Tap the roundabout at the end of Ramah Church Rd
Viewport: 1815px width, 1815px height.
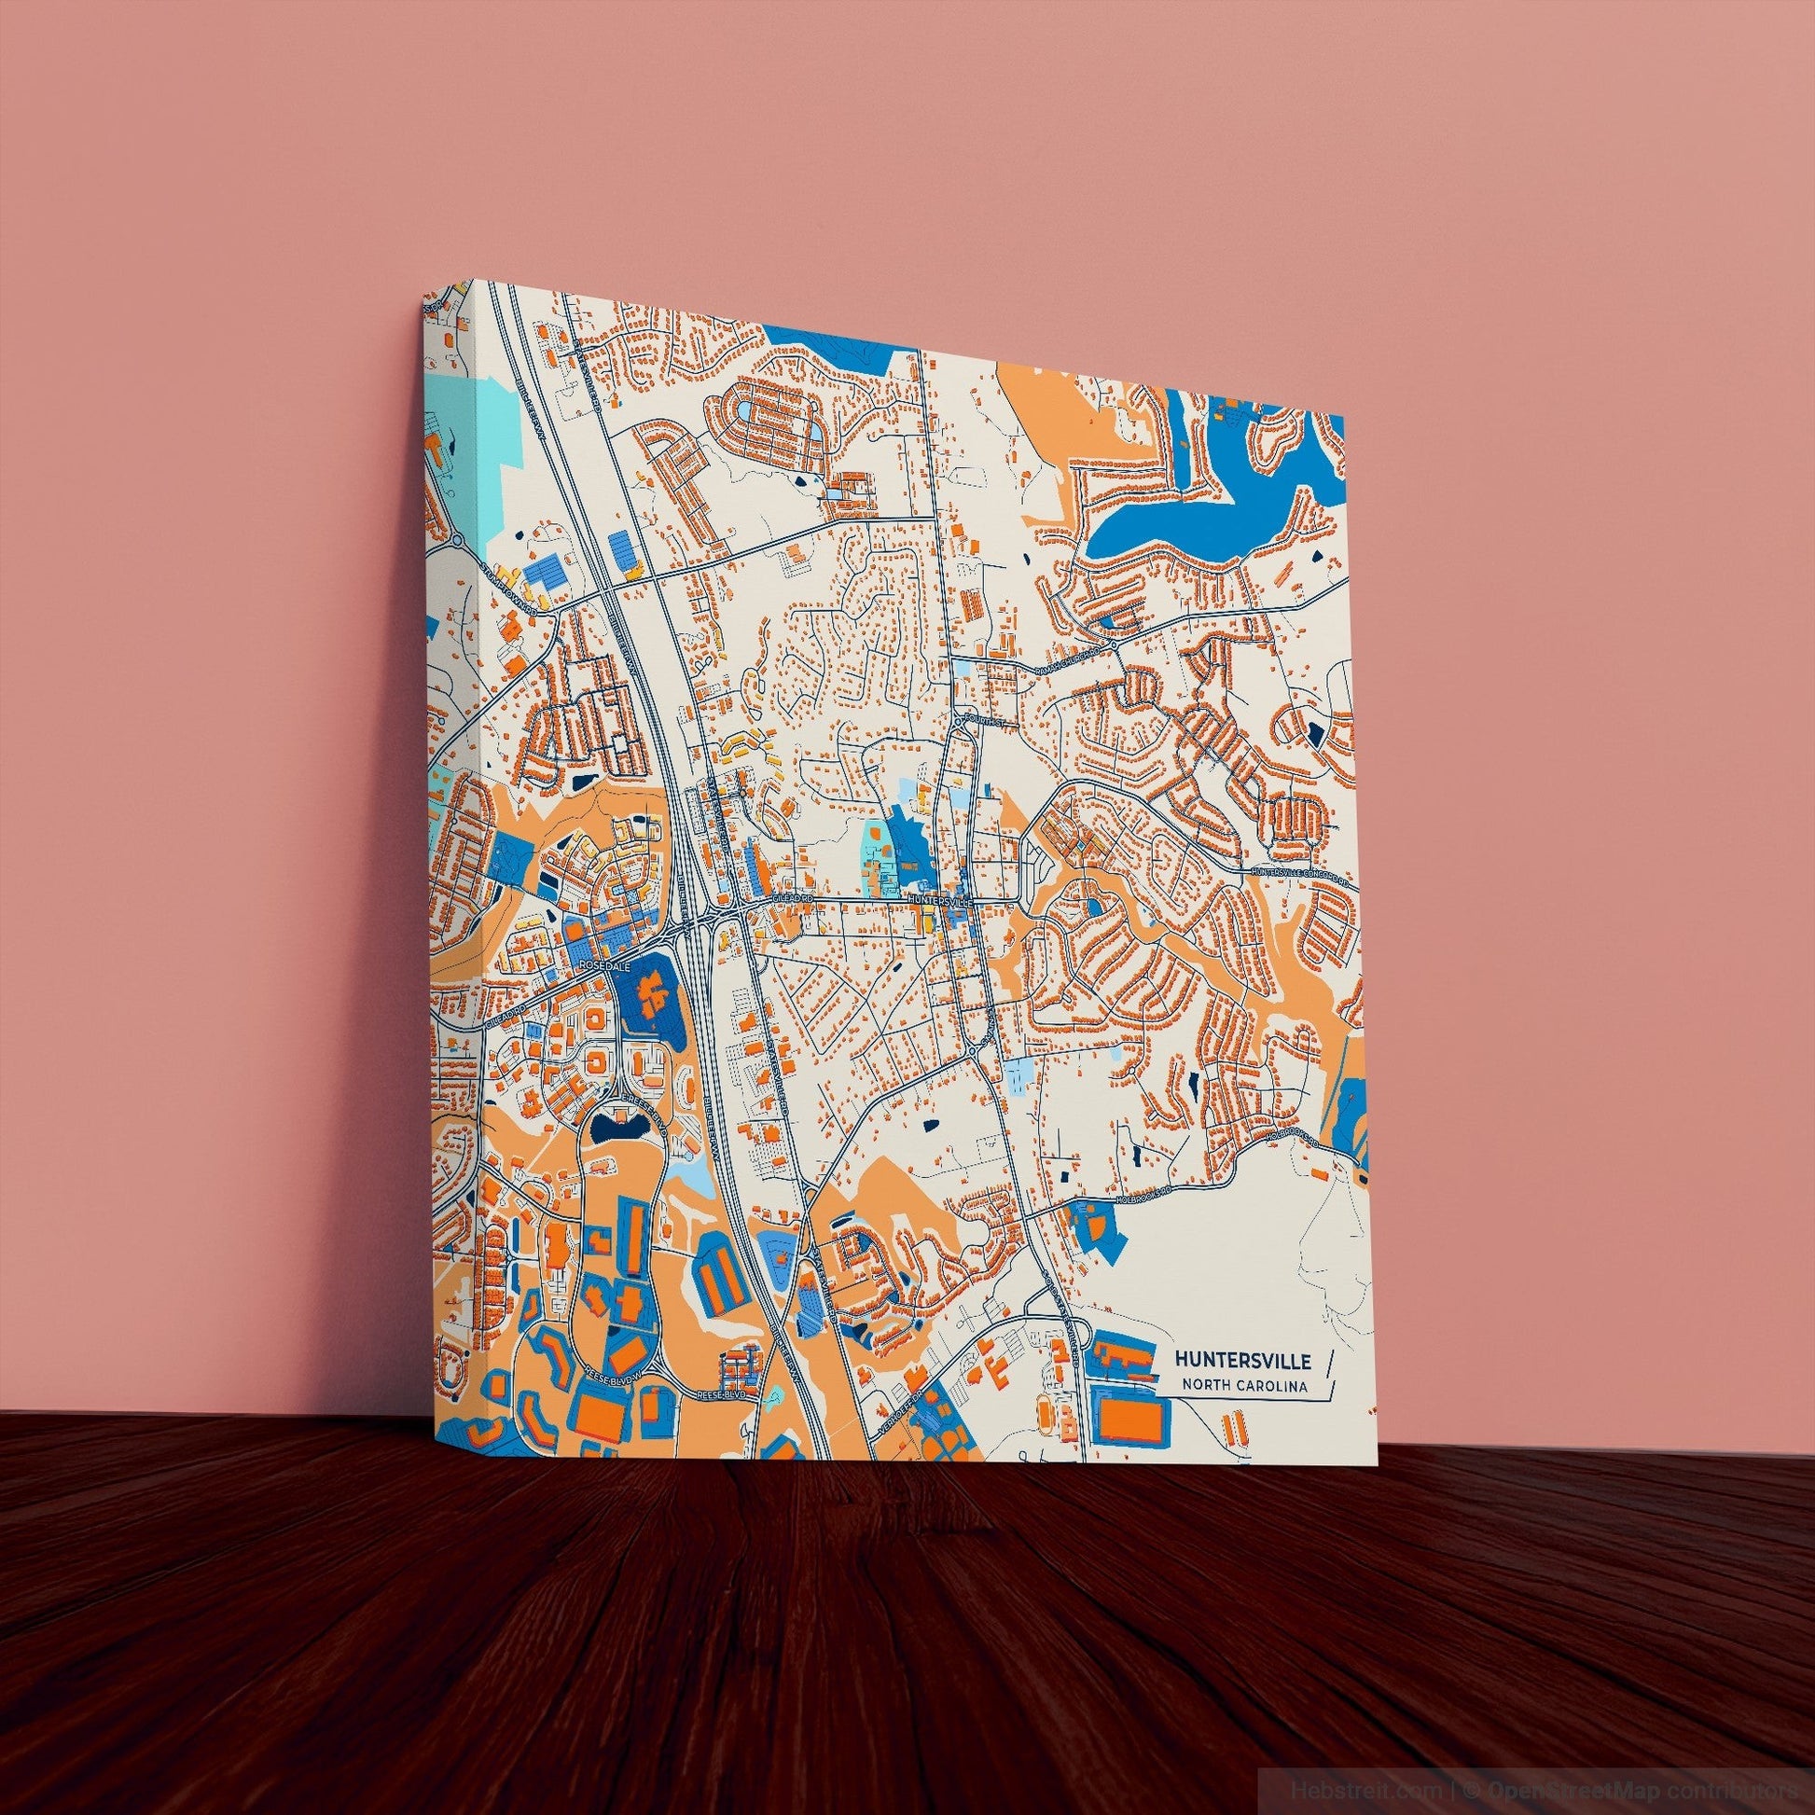point(1113,647)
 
